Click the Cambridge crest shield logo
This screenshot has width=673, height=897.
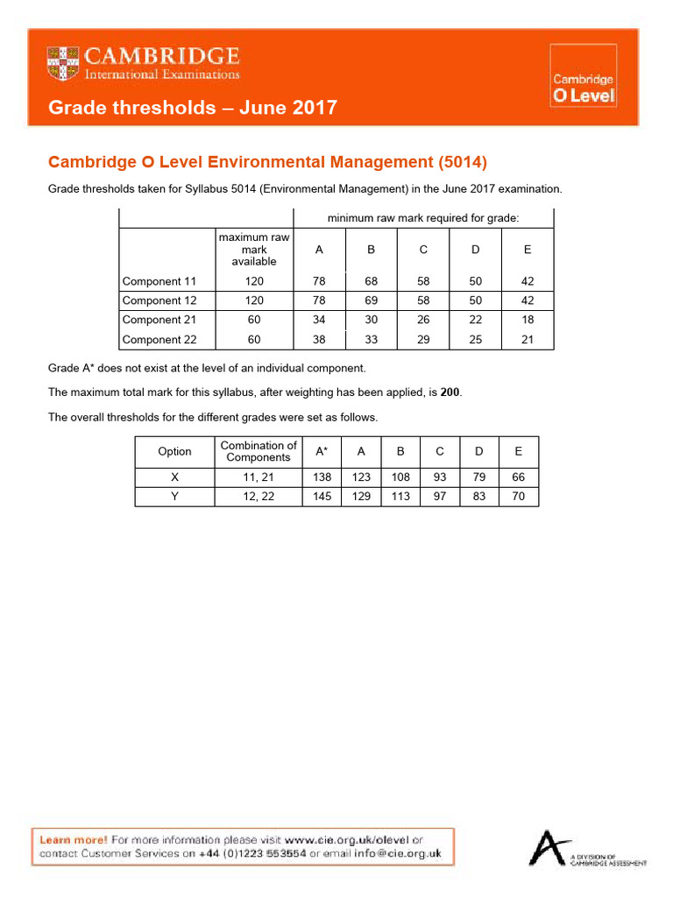[x=63, y=63]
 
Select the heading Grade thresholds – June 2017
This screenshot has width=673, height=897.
[x=192, y=108]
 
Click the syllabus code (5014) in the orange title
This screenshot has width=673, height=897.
[x=461, y=162]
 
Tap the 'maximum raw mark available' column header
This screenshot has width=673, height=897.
[x=254, y=250]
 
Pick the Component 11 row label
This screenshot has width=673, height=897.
[x=159, y=281]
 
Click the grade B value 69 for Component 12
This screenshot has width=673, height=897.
[x=371, y=300]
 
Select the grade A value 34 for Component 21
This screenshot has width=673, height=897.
[x=319, y=320]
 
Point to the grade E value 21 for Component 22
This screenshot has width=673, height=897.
[x=528, y=339]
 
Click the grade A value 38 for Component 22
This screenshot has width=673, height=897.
[x=319, y=339]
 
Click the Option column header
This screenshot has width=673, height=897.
[x=174, y=451]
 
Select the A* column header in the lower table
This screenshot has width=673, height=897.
[x=322, y=451]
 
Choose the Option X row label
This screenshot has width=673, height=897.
[x=174, y=477]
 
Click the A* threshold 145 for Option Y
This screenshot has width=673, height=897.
[x=322, y=497]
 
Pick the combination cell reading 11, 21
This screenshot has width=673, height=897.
[x=259, y=477]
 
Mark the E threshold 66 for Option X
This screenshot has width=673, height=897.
[x=519, y=477]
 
